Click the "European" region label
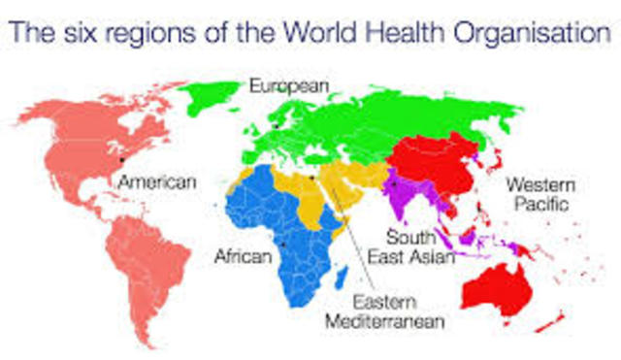pyautogui.click(x=289, y=86)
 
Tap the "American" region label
pyautogui.click(x=156, y=181)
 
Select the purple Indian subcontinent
pyautogui.click(x=408, y=199)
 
